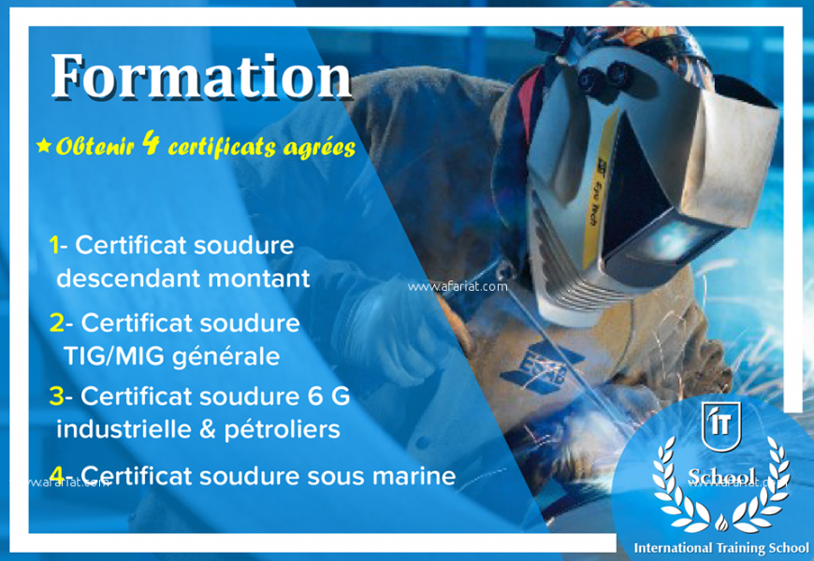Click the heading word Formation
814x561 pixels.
200,77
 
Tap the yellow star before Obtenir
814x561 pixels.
43,146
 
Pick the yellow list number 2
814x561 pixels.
56,323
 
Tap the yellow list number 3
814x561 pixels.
56,396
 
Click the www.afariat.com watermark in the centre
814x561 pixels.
458,287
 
